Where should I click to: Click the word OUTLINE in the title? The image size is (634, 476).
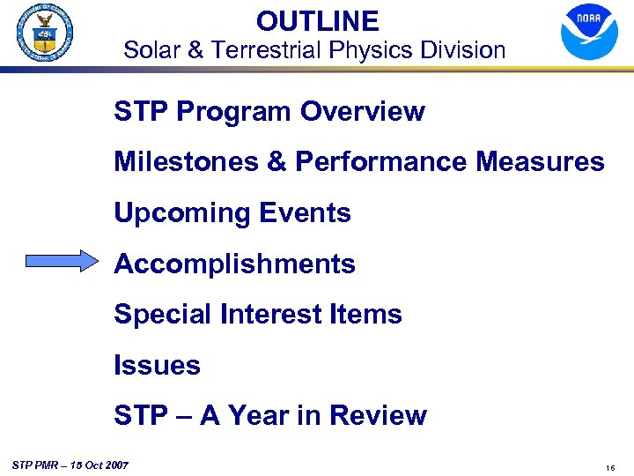point(317,21)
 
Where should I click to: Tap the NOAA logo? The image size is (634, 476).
point(589,33)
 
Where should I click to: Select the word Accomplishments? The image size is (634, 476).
point(234,264)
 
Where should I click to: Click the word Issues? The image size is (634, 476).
point(157,366)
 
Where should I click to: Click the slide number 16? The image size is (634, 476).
point(609,468)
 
